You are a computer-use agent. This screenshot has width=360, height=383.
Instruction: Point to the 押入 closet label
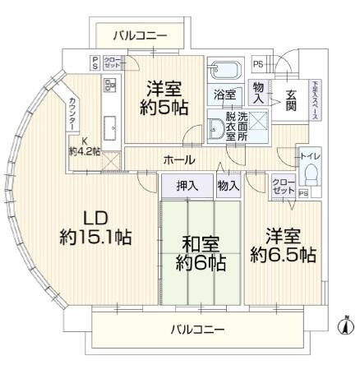click(187, 187)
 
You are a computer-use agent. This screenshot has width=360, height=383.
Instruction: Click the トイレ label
click(310, 154)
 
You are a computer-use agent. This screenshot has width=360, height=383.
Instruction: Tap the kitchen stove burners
click(109, 84)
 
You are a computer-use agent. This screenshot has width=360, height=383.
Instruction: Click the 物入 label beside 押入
click(228, 187)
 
